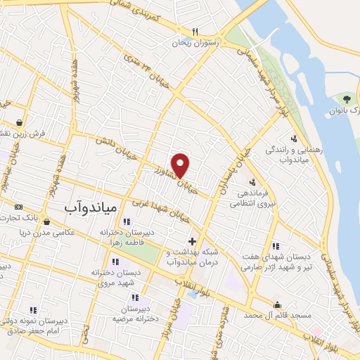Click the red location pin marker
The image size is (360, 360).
click(181, 165)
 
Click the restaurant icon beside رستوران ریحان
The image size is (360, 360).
click(195, 32)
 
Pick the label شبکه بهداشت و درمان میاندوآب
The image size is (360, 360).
click(194, 257)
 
